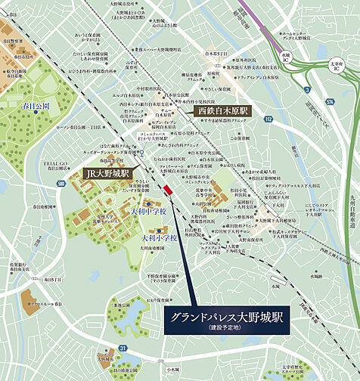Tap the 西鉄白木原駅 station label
pyautogui.click(x=223, y=110)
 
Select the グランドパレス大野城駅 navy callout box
pyautogui.click(x=223, y=321)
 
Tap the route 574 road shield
pyautogui.click(x=330, y=101)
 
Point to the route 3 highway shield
pyautogui.click(x=308, y=90)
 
